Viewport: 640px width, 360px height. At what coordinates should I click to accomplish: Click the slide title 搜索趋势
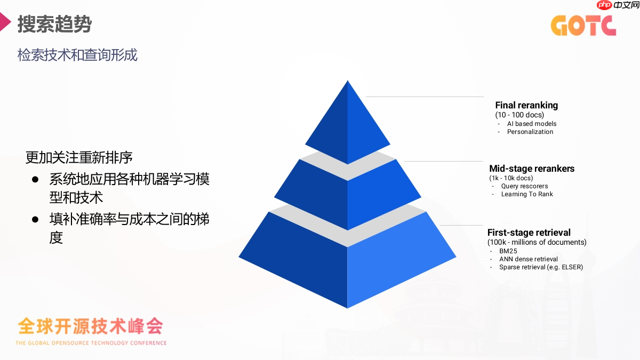coord(54,24)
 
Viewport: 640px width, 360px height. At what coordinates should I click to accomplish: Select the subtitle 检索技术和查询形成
coord(77,55)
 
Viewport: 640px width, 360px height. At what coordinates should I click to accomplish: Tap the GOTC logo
coord(583,25)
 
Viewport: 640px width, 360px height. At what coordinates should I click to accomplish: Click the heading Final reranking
coord(526,105)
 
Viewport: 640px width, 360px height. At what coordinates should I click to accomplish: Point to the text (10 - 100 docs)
coord(519,115)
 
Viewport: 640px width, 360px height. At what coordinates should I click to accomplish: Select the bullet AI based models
coord(531,124)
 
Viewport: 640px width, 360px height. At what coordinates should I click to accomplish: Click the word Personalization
coord(530,132)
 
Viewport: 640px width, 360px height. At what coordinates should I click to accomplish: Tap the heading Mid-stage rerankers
coord(532,169)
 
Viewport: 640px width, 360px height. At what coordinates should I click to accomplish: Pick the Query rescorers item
coord(524,186)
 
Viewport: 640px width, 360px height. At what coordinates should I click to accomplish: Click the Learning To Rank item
coord(527,194)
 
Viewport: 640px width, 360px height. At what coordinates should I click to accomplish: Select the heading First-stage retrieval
coord(529,233)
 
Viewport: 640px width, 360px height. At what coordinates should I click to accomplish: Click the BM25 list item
coord(508,251)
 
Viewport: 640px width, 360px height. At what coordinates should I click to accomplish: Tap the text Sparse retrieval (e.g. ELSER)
coord(541,267)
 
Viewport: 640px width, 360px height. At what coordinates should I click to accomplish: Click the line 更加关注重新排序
coord(79,158)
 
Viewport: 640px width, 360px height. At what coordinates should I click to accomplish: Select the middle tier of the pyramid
coord(347,195)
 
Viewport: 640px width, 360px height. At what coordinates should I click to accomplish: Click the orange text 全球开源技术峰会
coord(90,325)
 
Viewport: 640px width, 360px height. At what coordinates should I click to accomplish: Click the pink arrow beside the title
coord(5,22)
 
